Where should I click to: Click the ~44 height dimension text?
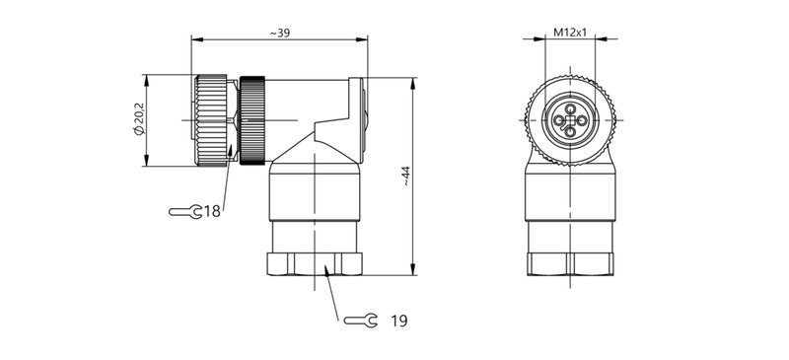click(x=405, y=177)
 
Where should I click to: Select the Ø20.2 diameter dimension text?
click(x=140, y=120)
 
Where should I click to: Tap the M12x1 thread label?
click(x=570, y=33)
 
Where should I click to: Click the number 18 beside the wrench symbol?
click(x=212, y=211)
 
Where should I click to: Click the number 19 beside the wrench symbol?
click(x=398, y=321)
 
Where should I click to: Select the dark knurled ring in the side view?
click(x=254, y=120)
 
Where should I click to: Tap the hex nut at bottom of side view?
click(x=315, y=263)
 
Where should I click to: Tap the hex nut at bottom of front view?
click(x=570, y=263)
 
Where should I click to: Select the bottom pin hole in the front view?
click(x=570, y=133)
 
